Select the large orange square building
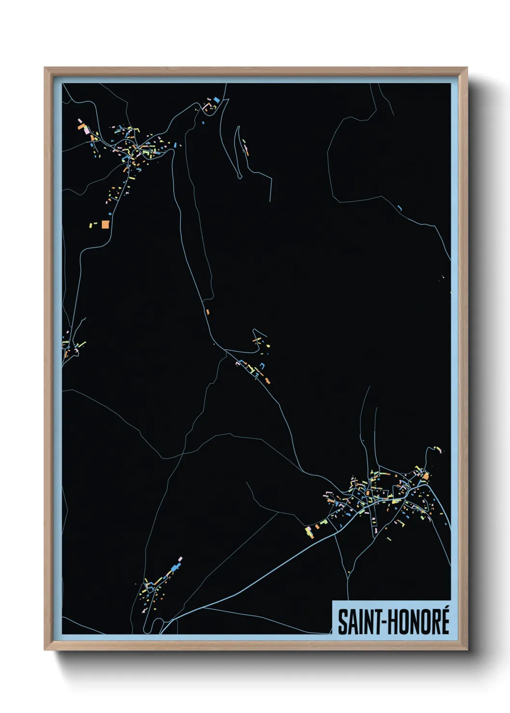tap(105, 224)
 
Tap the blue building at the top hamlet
tap(217, 100)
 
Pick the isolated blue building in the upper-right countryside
tap(400, 208)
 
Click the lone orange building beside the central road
tap(208, 312)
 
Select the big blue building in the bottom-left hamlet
tap(174, 569)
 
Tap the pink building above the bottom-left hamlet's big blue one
tap(180, 559)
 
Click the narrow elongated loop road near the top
tap(238, 152)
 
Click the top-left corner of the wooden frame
tap(45, 68)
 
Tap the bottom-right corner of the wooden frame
tap(466, 649)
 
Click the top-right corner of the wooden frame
tap(466, 68)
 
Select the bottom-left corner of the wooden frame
tap(45, 649)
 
